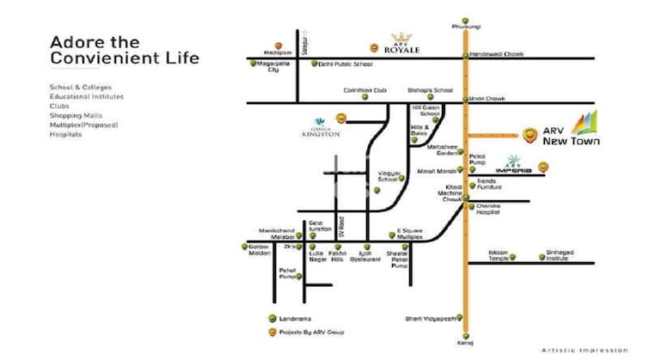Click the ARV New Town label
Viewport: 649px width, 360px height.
pos(571,135)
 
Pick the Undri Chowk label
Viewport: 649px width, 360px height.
pos(487,99)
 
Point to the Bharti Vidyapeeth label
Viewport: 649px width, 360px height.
pos(427,319)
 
